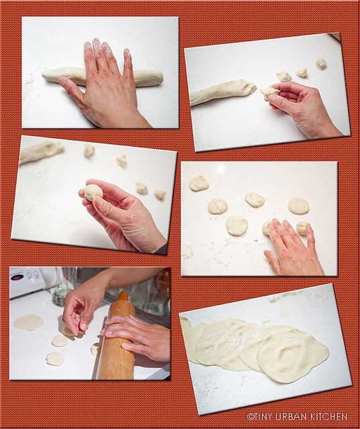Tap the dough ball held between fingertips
pyautogui.click(x=94, y=192)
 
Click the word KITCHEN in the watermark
pyautogui.click(x=329, y=417)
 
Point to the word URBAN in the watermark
pyautogui.click(x=292, y=417)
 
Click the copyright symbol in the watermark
pyautogui.click(x=250, y=417)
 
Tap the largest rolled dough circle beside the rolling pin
pyautogui.click(x=28, y=322)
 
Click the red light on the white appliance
pyautogui.click(x=17, y=278)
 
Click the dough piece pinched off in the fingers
pyautogui.click(x=270, y=91)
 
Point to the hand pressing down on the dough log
pyautogui.click(x=103, y=85)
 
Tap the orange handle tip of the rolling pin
pyautogui.click(x=123, y=296)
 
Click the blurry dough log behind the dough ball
pyautogui.click(x=41, y=151)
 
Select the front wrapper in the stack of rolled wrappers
pyautogui.click(x=293, y=353)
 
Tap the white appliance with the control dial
pyautogui.click(x=27, y=282)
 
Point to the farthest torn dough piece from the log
pyautogui.click(x=321, y=64)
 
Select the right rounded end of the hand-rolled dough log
pyautogui.click(x=158, y=78)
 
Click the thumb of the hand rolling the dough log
pyautogui.click(x=68, y=87)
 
